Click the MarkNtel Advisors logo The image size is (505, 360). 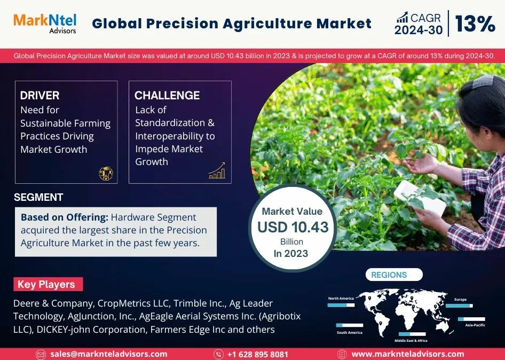(x=45, y=24)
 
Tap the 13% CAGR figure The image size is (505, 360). (x=475, y=24)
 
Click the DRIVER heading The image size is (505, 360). (x=40, y=96)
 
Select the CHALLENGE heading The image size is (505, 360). (x=167, y=96)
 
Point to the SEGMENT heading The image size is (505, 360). (x=38, y=197)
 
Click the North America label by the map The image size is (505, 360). (x=341, y=299)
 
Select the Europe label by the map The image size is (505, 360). (x=460, y=300)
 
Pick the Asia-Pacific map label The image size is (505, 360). (x=475, y=325)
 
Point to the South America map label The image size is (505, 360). (x=350, y=332)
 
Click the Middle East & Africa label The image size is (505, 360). (x=411, y=340)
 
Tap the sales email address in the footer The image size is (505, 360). (x=109, y=354)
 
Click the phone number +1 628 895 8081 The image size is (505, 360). (x=257, y=355)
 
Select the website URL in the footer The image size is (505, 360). (x=408, y=354)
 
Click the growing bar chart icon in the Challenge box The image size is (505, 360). (x=217, y=170)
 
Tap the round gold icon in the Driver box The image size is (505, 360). (x=106, y=174)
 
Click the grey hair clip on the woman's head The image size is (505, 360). (x=482, y=81)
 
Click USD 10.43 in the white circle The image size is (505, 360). (x=293, y=227)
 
